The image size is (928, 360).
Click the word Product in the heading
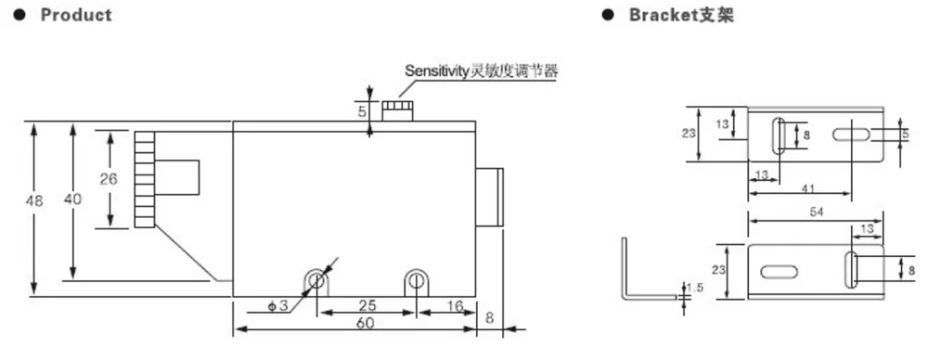76,15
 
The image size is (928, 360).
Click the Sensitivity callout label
482,71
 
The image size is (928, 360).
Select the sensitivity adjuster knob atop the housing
397,111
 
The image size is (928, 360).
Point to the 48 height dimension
35,199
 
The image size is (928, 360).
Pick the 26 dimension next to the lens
110,178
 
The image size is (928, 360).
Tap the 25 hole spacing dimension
367,306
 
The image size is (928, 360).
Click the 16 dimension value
455,306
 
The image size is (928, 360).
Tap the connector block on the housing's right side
489,197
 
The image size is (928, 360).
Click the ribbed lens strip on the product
144,179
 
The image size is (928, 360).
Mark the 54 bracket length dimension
817,212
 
